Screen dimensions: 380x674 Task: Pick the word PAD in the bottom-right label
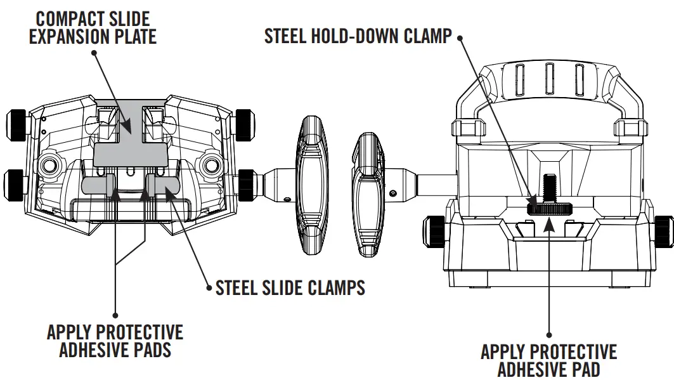(580, 369)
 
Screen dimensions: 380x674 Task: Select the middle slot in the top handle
(548, 79)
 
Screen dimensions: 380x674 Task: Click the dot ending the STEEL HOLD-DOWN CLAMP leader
(460, 37)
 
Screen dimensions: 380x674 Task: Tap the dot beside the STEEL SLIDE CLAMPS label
(210, 288)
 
